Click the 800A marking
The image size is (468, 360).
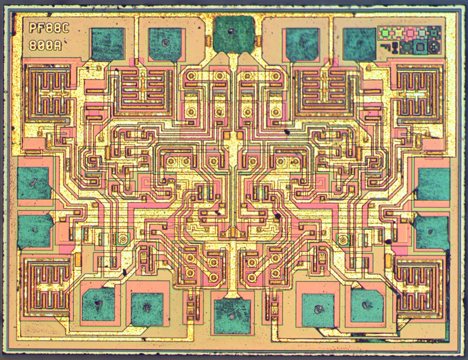click(x=45, y=45)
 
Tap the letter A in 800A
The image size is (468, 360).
click(x=57, y=45)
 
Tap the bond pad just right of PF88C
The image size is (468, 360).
click(x=107, y=43)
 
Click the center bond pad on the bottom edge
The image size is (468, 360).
click(x=232, y=316)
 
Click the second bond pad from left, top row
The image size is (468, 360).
click(x=165, y=44)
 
